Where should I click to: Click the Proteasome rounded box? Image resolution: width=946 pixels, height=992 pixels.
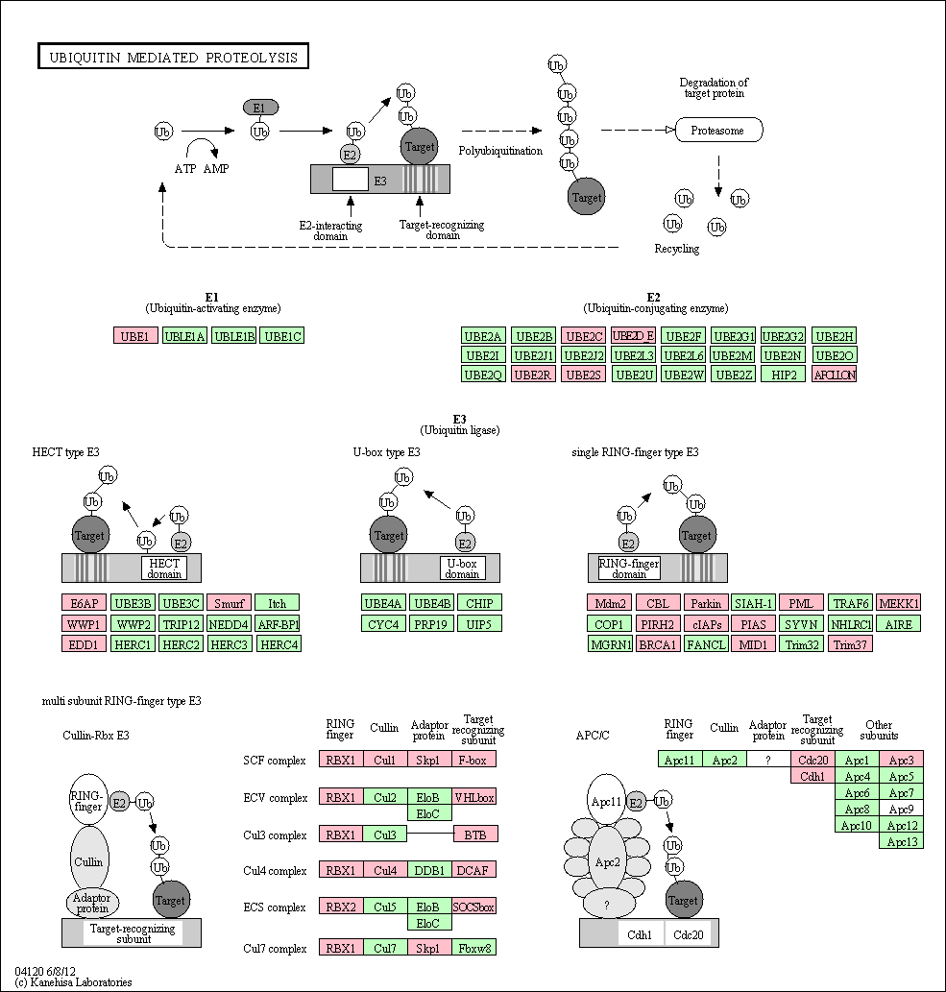pos(718,130)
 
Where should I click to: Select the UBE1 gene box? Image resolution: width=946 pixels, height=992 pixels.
pos(135,336)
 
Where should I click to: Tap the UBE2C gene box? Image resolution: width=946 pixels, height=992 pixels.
pos(583,336)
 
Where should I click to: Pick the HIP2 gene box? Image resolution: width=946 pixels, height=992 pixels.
pos(783,375)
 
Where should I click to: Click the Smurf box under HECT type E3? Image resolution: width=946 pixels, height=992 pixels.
pos(228,603)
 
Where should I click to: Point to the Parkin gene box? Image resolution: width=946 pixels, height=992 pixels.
pos(705,603)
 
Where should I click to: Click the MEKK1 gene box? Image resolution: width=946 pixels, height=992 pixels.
pos(899,603)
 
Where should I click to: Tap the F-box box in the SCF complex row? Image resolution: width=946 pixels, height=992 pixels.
pos(474,760)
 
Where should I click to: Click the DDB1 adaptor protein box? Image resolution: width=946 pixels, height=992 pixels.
pos(428,870)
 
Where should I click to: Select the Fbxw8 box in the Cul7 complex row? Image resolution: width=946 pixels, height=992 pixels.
pos(474,948)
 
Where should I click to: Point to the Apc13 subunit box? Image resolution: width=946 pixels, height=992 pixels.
pos(902,841)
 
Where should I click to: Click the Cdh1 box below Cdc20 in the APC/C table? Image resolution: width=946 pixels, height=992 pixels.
pos(812,776)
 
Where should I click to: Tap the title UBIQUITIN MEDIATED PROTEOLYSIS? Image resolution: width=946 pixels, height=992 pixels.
pos(174,58)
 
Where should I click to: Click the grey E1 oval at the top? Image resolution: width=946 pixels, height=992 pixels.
pos(259,108)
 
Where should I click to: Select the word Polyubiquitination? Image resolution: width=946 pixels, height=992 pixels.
pos(499,151)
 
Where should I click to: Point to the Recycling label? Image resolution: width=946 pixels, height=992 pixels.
pos(677,250)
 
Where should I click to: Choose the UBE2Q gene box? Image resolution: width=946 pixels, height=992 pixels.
pos(483,375)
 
